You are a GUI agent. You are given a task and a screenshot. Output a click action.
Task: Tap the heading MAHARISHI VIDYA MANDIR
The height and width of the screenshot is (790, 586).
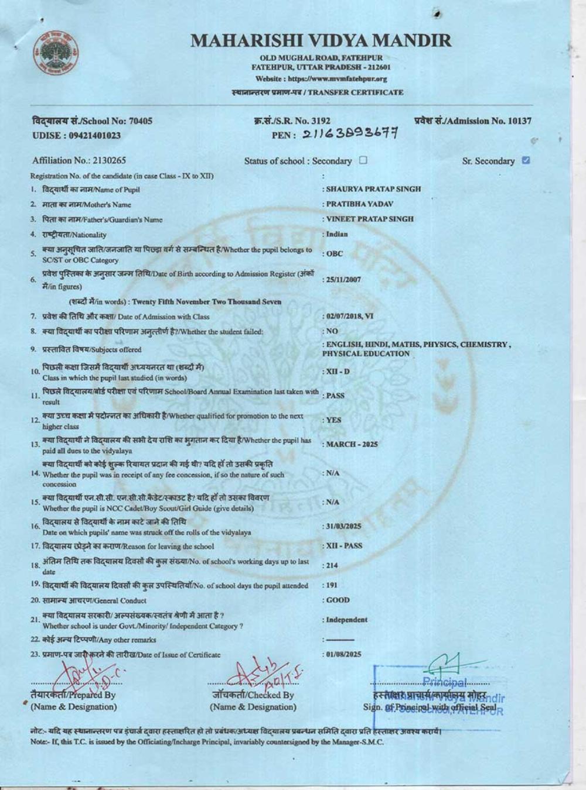321,40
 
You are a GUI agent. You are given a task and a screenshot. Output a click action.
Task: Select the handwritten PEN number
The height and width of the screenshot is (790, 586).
350,135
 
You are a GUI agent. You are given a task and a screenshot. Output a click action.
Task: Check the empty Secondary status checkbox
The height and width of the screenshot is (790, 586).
363,160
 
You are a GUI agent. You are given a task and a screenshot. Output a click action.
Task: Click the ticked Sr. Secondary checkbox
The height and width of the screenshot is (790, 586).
526,160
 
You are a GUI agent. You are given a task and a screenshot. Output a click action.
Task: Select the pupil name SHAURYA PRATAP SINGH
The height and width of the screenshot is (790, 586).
373,189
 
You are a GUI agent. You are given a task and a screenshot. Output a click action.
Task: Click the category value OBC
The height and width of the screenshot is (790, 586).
335,254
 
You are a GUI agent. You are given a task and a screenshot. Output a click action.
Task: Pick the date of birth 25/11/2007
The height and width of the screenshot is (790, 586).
343,280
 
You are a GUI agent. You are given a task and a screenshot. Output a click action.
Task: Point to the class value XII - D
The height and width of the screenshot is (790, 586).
338,372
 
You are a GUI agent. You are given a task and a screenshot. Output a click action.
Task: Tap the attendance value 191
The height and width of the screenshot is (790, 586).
332,585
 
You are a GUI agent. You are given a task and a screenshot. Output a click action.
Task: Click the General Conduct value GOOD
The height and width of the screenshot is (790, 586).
338,600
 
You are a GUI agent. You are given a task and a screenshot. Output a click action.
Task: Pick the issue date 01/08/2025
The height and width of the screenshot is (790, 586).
343,654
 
